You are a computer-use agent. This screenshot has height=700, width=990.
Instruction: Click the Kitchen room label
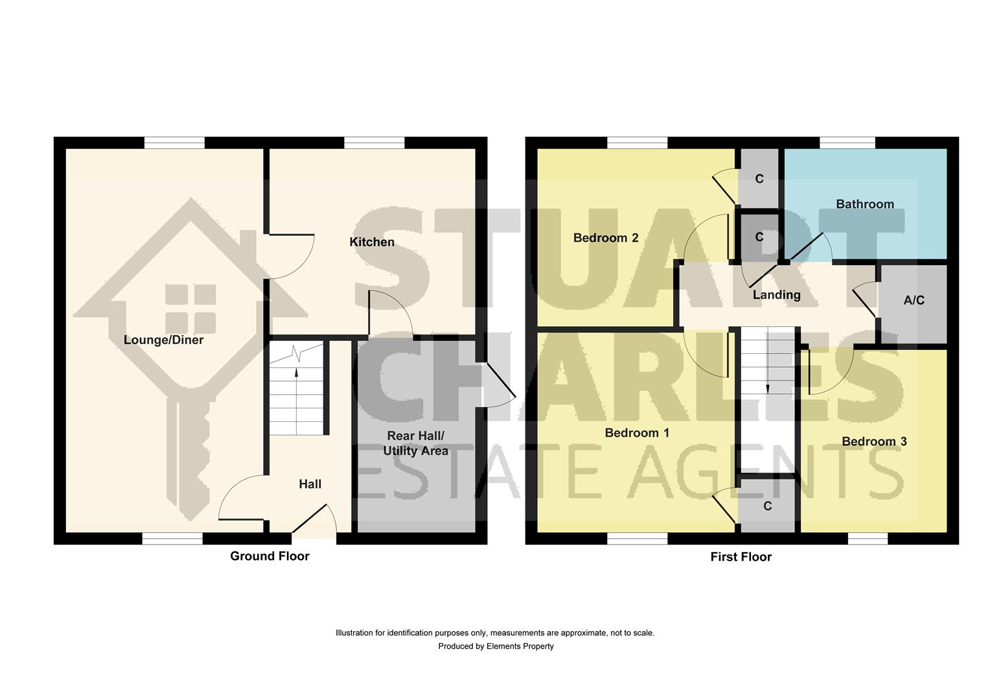[372, 242]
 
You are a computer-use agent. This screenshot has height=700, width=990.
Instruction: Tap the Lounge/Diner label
[163, 340]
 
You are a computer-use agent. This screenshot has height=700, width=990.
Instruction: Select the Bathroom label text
[864, 204]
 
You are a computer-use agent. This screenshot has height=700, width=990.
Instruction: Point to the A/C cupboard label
[914, 300]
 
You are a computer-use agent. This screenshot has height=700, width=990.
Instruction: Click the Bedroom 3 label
[874, 441]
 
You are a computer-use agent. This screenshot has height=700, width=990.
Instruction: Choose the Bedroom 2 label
[606, 238]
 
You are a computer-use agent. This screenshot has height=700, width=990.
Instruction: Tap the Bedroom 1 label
[636, 432]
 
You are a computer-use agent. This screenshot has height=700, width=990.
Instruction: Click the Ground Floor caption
[270, 556]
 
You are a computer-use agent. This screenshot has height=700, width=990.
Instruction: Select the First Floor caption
[741, 557]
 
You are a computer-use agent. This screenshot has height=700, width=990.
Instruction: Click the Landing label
[776, 295]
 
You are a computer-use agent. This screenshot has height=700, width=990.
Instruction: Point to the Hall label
[310, 484]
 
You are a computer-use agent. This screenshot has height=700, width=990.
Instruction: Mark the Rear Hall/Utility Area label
[415, 443]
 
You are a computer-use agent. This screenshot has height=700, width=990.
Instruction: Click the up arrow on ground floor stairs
[296, 373]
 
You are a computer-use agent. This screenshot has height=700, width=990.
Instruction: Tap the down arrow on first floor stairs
[767, 388]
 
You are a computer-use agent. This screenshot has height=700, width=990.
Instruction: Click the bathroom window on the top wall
[847, 143]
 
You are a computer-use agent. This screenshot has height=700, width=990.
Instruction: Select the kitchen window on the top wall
[374, 143]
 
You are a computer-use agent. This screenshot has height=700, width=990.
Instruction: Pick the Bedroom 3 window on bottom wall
[868, 539]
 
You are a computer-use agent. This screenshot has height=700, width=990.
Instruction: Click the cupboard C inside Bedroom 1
[768, 506]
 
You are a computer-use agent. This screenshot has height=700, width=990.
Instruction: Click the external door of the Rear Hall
[498, 386]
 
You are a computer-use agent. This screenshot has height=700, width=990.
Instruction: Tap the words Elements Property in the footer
[520, 646]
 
